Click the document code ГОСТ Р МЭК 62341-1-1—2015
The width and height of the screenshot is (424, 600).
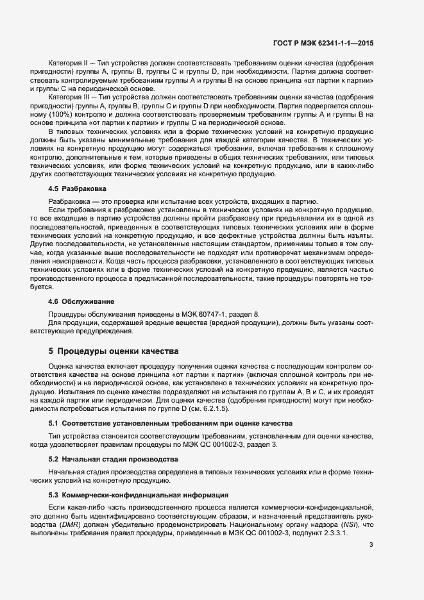(x=322, y=44)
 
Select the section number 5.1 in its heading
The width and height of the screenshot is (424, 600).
(x=53, y=424)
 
